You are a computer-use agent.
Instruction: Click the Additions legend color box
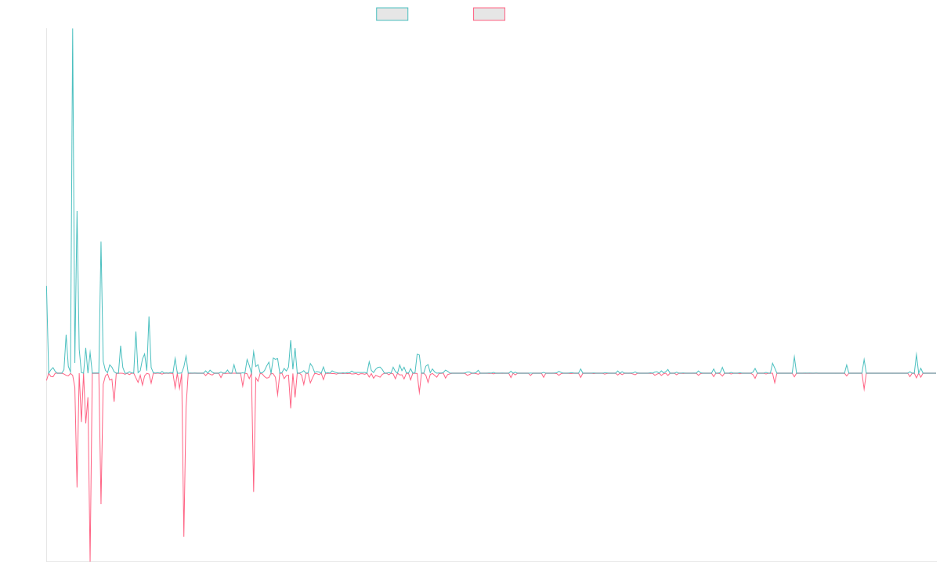392,14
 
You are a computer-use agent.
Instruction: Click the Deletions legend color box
490,14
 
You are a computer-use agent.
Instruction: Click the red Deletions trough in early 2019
184,536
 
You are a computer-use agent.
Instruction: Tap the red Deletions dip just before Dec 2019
254,492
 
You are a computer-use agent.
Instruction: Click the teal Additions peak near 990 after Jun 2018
101,242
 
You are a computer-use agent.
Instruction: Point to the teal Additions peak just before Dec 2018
149,317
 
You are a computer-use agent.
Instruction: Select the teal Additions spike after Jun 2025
916,353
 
